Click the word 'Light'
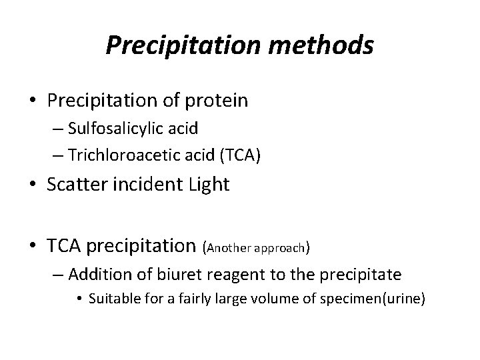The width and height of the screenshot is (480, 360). (207, 184)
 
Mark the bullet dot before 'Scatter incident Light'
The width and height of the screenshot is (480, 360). (32, 185)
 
